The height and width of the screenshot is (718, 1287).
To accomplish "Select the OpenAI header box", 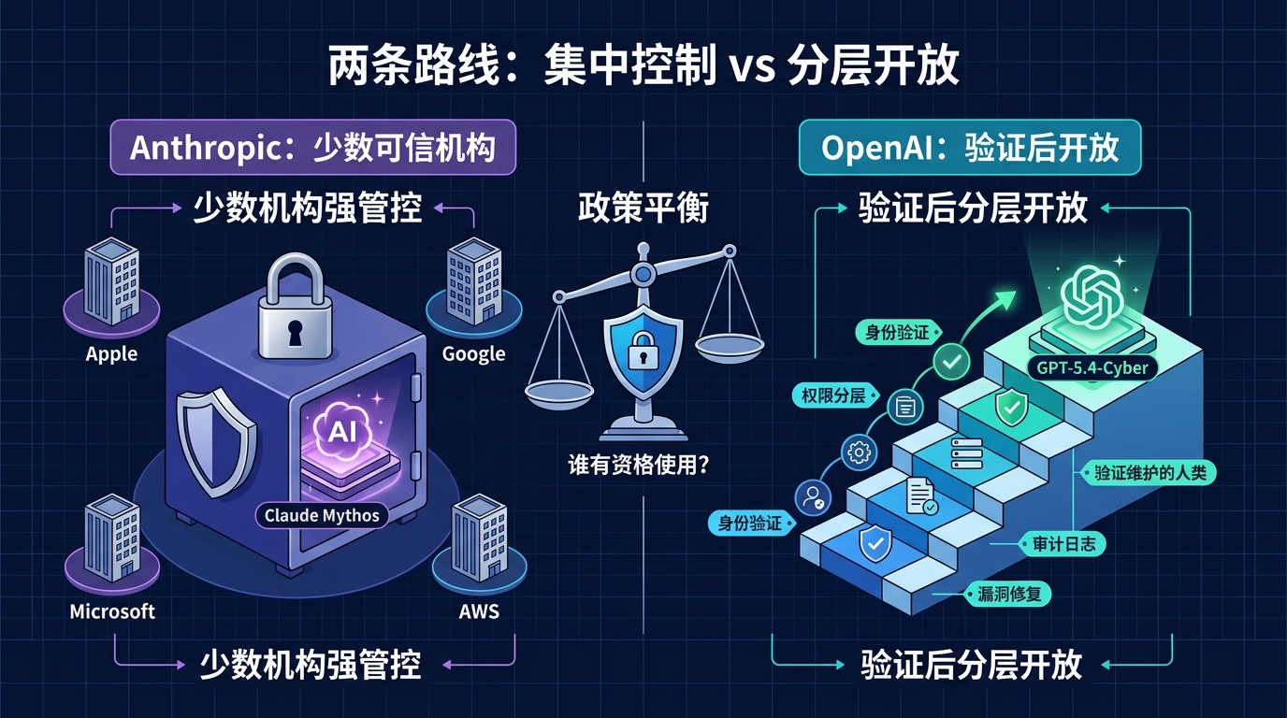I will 969,148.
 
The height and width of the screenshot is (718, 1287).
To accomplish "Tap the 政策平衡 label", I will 643,208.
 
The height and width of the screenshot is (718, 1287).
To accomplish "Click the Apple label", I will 111,354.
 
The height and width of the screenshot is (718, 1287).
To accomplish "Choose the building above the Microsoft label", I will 112,538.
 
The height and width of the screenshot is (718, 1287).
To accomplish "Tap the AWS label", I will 479,612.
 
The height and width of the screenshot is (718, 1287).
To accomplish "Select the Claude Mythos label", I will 322,516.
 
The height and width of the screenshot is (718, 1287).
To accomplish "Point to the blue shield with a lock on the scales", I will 641,348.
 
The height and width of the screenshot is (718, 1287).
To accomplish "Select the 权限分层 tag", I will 832,395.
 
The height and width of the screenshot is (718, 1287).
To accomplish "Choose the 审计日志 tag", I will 1063,543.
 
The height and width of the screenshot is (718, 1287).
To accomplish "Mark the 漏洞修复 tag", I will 1009,595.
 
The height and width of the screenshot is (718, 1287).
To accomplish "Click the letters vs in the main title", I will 747,67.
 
